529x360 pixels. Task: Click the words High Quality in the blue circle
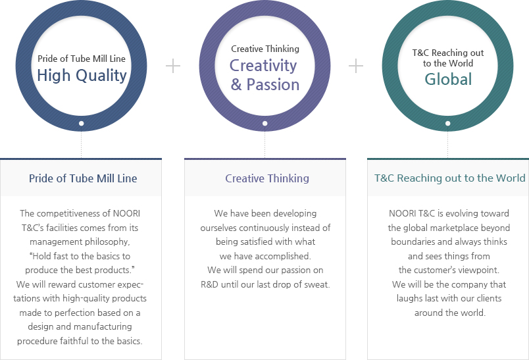pos(82,76)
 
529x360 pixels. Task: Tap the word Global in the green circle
pos(448,80)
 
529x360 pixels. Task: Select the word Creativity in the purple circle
pos(263,66)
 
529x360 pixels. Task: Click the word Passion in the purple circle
pos(273,85)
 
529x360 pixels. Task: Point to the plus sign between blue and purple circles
pos(173,66)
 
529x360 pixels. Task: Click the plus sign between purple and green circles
pos(356,66)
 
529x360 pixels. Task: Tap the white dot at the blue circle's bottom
pos(82,124)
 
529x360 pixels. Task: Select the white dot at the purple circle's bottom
pos(265,124)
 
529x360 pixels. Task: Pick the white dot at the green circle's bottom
pos(447,124)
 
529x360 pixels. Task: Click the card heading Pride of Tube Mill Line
pos(83,178)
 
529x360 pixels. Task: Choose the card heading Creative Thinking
pos(267,178)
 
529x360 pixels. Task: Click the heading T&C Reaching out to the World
pos(450,178)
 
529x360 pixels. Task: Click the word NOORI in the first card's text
pos(126,214)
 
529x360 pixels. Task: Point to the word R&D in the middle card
pos(209,284)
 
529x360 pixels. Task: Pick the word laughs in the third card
pos(409,299)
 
